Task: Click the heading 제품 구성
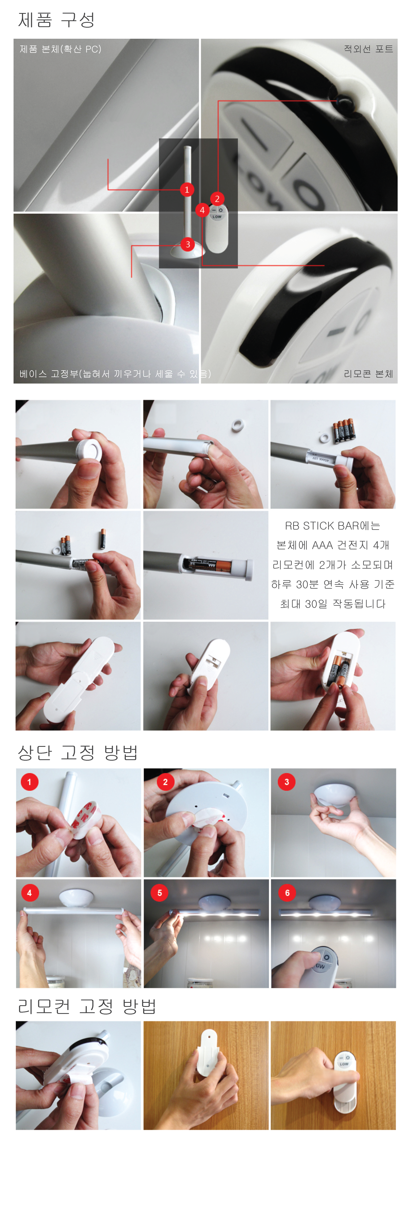57,20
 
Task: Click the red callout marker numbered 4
202,210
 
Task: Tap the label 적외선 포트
368,49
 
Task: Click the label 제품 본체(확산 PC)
60,49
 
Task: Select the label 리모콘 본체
368,374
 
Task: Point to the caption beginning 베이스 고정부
115,374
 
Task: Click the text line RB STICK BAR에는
332,526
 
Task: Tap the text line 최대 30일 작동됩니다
332,604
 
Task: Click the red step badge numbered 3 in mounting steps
287,782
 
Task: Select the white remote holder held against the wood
207,1052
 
